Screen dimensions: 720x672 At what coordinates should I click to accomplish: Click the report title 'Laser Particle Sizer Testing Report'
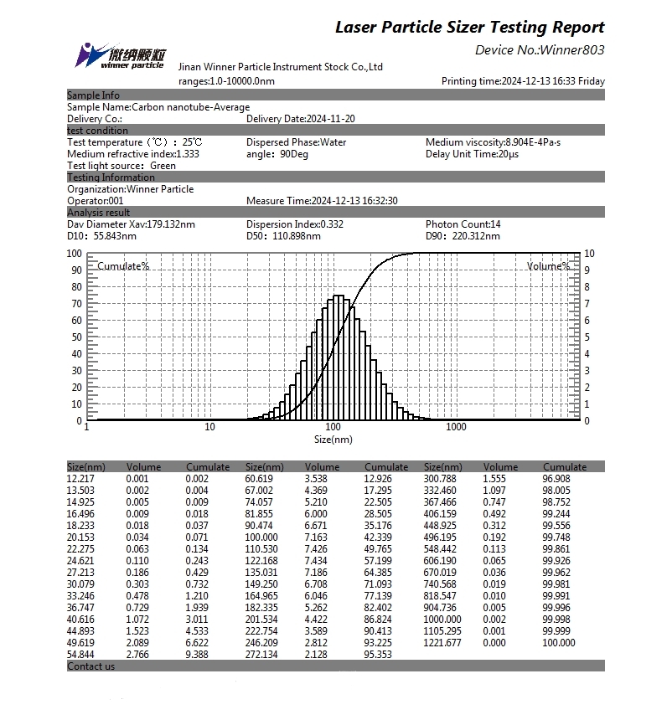coord(469,27)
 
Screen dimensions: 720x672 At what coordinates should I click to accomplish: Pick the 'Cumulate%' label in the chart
coord(123,266)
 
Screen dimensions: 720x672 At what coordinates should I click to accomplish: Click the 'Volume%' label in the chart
coord(548,266)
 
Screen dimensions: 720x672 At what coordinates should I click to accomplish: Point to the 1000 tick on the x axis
coord(456,427)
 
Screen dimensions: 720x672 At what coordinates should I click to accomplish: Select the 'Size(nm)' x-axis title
coord(333,439)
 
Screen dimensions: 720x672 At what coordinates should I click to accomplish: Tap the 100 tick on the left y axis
coord(74,254)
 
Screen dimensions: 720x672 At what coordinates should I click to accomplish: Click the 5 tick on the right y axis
coord(589,337)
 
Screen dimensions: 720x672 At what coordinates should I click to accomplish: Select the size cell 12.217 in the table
coord(82,479)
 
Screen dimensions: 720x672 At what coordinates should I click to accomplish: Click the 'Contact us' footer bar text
coord(91,666)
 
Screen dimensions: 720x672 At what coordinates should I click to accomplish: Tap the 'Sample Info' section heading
coord(93,95)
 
